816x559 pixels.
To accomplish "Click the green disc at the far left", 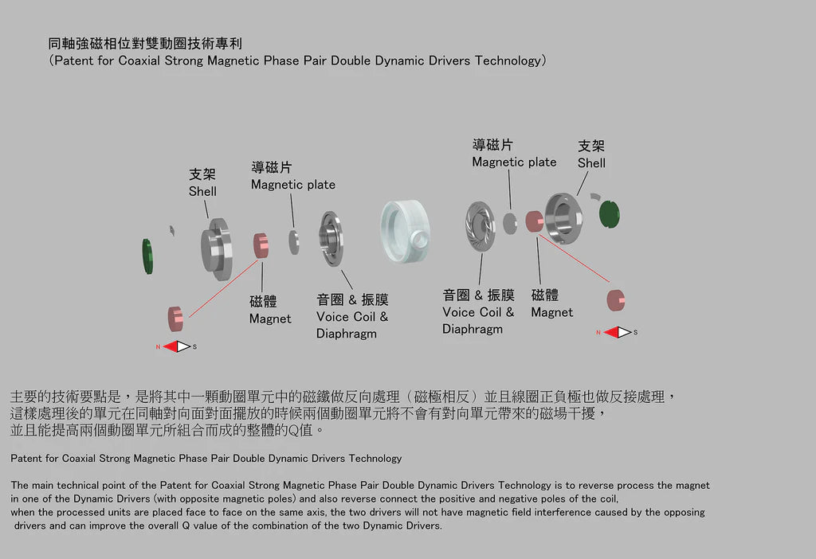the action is (147, 256).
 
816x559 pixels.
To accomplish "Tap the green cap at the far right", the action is (610, 214).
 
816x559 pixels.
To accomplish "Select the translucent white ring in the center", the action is (406, 231).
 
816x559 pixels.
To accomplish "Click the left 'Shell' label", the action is (202, 191).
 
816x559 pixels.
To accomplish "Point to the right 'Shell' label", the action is (591, 162).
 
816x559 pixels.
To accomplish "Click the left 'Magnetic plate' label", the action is (293, 185).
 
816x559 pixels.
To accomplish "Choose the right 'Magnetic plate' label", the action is (514, 162).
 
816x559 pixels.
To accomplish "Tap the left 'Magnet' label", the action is (270, 319).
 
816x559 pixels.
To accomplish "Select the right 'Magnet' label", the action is (551, 312).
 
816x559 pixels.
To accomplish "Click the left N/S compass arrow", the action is (176, 346).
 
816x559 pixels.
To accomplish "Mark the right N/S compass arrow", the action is (618, 332).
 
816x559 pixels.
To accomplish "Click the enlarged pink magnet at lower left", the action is (175, 319).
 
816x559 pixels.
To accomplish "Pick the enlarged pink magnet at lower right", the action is (616, 300).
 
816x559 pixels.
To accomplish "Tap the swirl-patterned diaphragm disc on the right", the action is (480, 226).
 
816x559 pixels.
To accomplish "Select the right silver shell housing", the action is (563, 218).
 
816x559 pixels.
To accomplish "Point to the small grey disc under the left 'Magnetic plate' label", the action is (294, 242).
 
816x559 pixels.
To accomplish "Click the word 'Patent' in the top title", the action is (74, 61).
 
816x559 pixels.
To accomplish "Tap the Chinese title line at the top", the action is (145, 43).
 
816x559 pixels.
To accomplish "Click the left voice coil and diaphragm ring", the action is (331, 239).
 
